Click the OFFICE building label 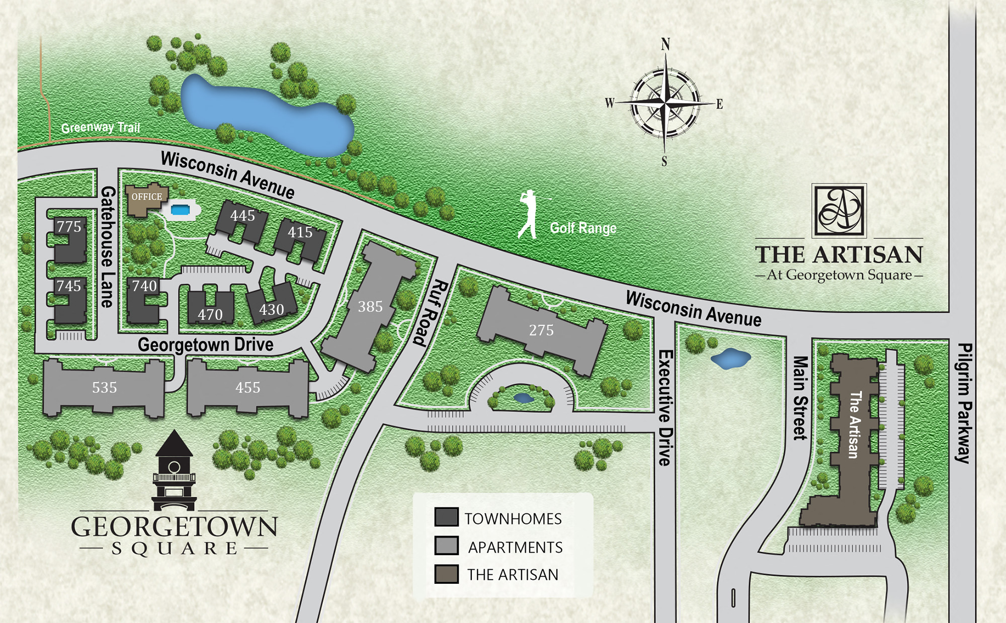[x=146, y=197]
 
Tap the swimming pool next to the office [x=180, y=209]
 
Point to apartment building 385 [x=370, y=306]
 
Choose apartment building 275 [x=541, y=330]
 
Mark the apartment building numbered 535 [x=104, y=387]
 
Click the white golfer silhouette [x=529, y=214]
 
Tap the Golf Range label [x=583, y=228]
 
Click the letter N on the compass [x=665, y=44]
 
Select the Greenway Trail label [x=100, y=127]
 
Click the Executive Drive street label [x=665, y=407]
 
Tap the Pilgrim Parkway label [x=963, y=402]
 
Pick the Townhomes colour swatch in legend [x=446, y=517]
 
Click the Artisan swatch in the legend [x=446, y=574]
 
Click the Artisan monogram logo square [x=839, y=210]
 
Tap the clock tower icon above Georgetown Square [x=174, y=470]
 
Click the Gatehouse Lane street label [x=108, y=246]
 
